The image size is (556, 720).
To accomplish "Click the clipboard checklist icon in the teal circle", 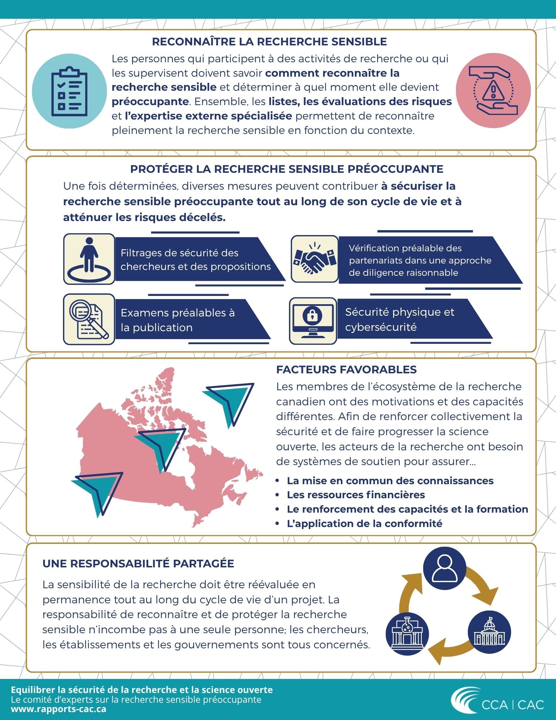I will point(69,91).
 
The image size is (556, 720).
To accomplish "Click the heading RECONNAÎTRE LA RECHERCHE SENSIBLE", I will point(269,42).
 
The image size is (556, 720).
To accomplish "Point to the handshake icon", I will point(314,259).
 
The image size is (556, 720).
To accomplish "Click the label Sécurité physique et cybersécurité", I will point(399,319).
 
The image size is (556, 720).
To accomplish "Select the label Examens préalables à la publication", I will point(177,320).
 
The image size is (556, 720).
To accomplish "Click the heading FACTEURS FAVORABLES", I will point(346,370).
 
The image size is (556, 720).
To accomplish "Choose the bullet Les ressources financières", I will point(356,495).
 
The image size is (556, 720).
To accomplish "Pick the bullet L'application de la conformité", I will point(364,524).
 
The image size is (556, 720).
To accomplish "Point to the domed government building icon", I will point(489,633).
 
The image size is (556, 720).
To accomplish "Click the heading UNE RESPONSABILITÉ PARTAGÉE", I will point(138,564).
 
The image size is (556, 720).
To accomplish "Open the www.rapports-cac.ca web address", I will point(59,709).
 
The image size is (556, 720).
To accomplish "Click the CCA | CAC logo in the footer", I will point(498,700).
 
